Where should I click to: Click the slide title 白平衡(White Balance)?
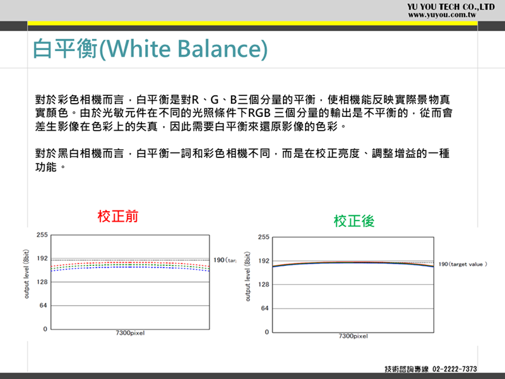[x=150, y=49]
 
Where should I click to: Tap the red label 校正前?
[x=118, y=216]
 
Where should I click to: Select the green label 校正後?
[x=354, y=222]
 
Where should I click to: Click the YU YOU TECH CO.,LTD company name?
[x=451, y=7]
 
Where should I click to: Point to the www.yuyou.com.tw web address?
[x=442, y=15]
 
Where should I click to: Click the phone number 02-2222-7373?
[x=454, y=369]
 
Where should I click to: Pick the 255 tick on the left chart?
[x=42, y=235]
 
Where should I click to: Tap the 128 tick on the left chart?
[x=42, y=282]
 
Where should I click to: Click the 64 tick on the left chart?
[x=44, y=306]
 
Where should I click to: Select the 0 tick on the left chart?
[x=45, y=329]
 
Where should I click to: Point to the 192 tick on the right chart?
[x=263, y=261]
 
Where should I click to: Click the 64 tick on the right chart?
[x=264, y=308]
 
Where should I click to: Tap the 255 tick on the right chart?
[x=263, y=238]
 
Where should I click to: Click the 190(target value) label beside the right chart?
[x=463, y=264]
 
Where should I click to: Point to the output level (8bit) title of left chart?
[x=27, y=274]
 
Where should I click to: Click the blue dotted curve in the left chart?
[x=130, y=267]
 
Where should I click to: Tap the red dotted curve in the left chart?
[x=130, y=263]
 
